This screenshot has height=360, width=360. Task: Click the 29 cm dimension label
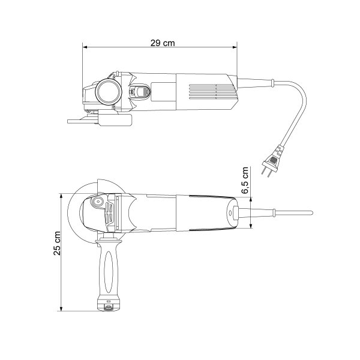point(163,43)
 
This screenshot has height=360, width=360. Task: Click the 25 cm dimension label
point(57,244)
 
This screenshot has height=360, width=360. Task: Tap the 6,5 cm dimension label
point(245,181)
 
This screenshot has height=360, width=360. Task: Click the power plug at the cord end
point(272,160)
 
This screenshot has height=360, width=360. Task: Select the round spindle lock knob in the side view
point(109,92)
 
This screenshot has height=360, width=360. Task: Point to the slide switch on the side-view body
point(139,91)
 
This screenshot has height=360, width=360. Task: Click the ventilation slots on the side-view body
point(211,92)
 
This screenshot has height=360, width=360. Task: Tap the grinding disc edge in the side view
point(83,121)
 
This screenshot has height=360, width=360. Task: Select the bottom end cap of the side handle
point(109,305)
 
